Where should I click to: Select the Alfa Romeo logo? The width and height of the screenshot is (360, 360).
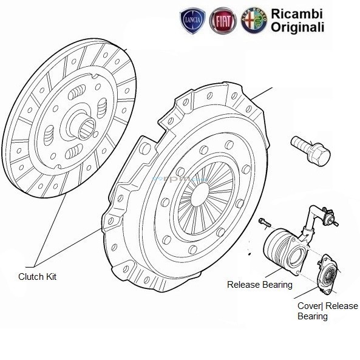pos(250,22)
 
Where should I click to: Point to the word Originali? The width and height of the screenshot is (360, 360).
pos(293,27)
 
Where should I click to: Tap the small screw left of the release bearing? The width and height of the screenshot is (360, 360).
pos(263,222)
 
